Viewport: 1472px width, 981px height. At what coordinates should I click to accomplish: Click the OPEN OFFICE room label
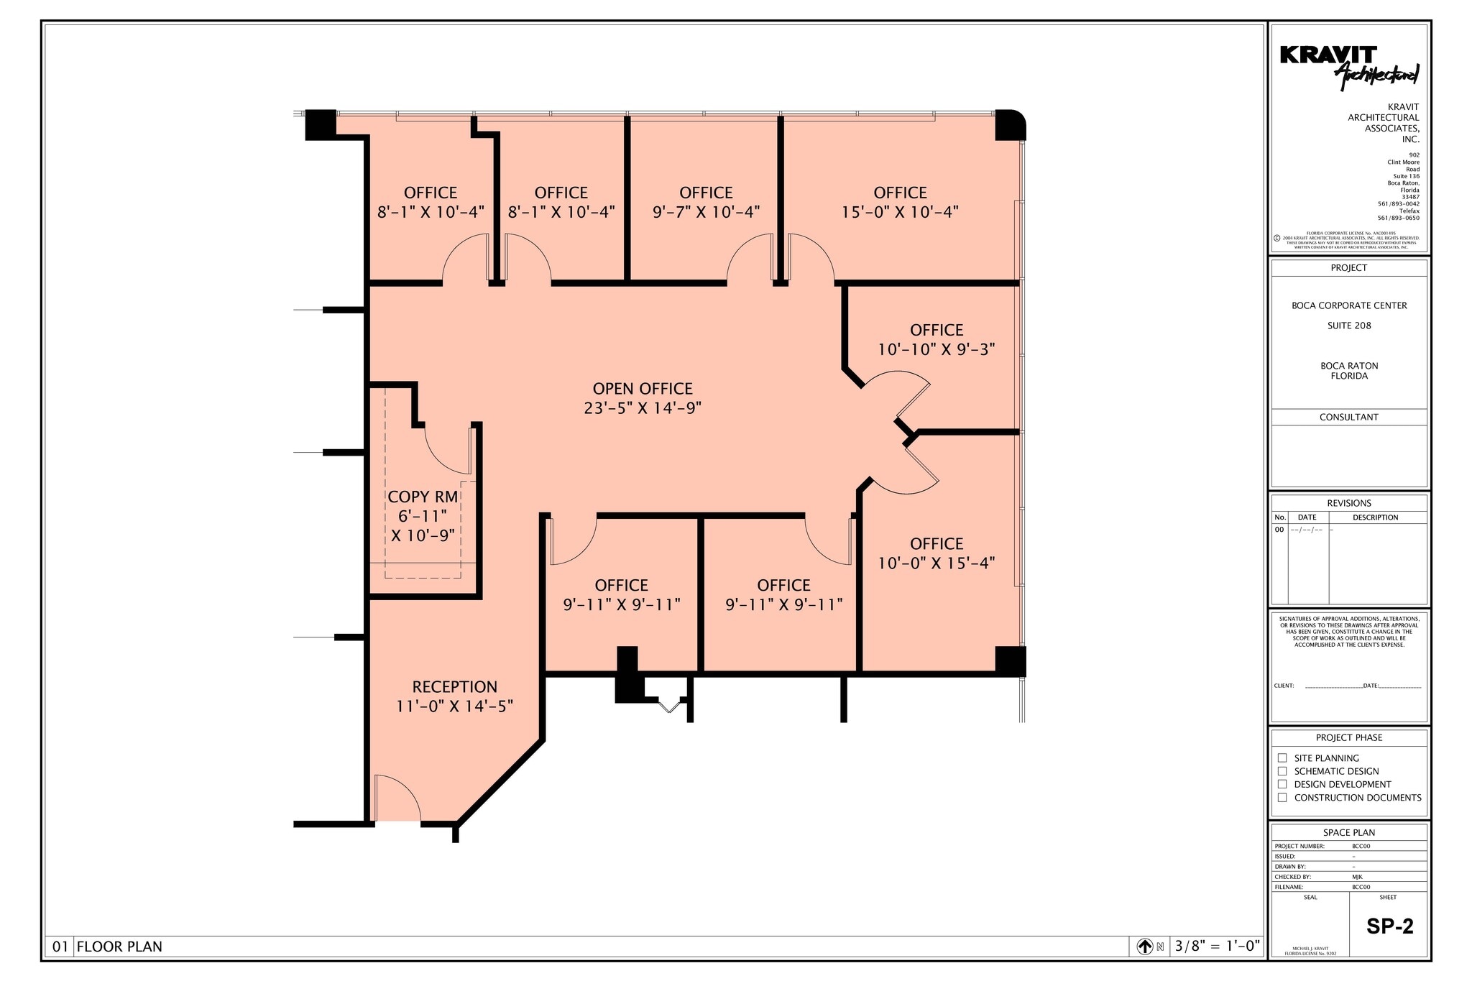(642, 389)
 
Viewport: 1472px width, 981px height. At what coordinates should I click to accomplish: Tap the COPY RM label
(423, 497)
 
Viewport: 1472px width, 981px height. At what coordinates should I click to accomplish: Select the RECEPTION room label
(454, 687)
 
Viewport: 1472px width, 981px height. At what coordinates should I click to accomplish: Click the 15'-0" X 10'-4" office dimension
(900, 212)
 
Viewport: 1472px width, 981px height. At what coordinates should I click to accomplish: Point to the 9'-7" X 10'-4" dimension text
(706, 212)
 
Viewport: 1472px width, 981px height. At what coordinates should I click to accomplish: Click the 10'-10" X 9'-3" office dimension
(936, 349)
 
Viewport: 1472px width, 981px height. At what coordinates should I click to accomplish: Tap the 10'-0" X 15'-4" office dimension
(936, 563)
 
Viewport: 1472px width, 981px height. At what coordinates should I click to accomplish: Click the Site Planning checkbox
(1282, 757)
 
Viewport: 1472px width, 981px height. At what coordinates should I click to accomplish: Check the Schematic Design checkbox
(1282, 771)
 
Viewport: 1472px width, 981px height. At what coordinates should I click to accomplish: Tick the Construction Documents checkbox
(1282, 797)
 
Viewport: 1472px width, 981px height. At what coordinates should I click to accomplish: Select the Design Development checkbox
(1282, 784)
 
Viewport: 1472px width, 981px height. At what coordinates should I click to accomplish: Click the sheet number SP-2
(1389, 926)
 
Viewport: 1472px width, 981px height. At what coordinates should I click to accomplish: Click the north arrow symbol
(1145, 947)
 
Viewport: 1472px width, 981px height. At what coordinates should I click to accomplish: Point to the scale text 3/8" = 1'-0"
(1217, 947)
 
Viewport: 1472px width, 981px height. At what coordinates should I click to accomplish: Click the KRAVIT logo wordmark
(1328, 55)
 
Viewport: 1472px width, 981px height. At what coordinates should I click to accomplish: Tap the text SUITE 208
(1349, 326)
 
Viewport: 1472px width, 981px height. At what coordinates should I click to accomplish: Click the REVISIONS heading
(1349, 503)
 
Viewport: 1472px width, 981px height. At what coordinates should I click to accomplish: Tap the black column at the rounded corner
(1009, 125)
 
